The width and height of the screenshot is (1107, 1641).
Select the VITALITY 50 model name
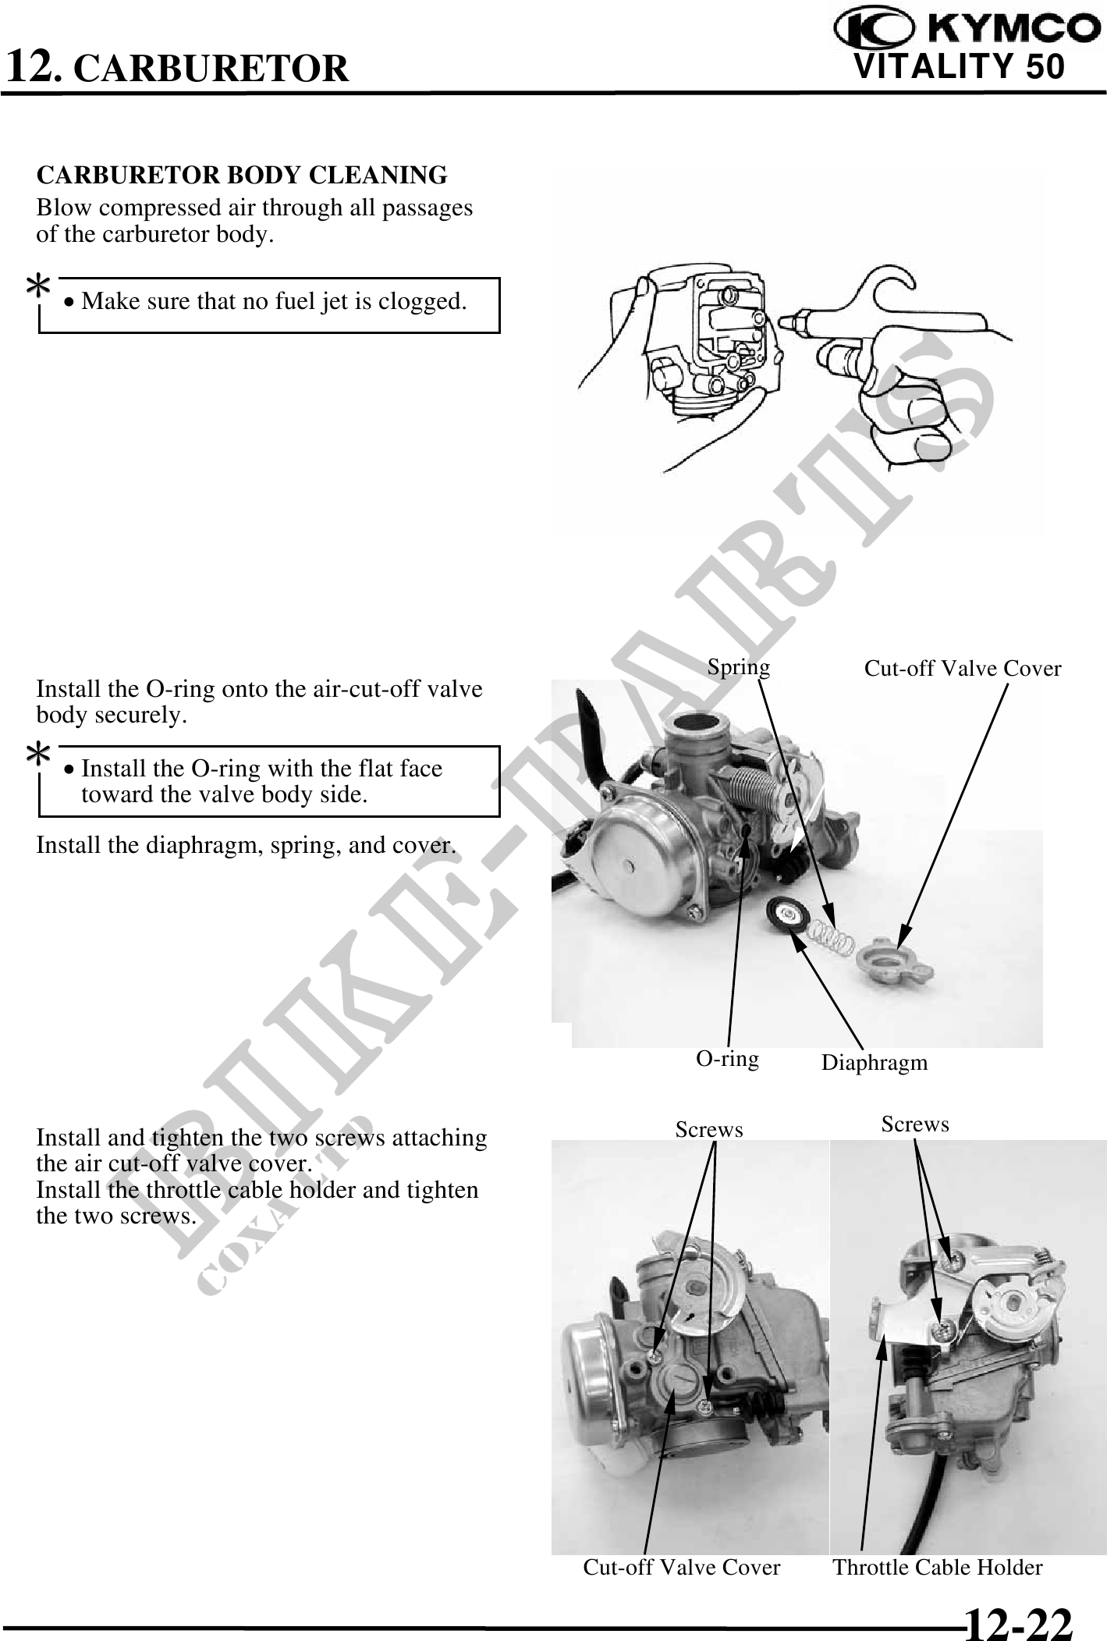960,66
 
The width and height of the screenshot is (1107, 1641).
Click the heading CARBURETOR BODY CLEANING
242,175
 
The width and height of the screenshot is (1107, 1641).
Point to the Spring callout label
738,667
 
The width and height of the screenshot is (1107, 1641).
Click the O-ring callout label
727,1058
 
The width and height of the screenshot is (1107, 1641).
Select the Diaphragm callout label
875,1063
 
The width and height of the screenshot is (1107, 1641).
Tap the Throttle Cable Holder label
938,1568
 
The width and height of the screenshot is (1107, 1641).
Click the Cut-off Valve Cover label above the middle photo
963,669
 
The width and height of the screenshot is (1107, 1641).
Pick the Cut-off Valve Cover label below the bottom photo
682,1568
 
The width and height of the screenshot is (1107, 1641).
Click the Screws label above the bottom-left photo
709,1130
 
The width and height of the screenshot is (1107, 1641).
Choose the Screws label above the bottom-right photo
915,1124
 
